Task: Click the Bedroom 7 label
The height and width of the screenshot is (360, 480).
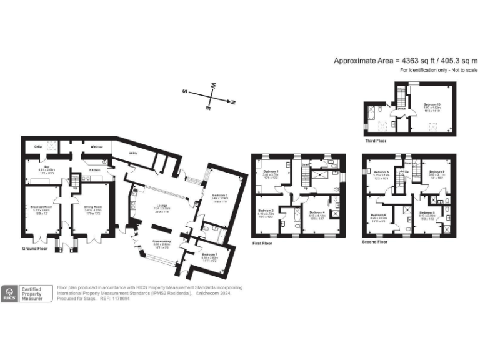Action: (x=210, y=254)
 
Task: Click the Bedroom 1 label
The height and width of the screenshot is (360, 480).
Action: (x=270, y=171)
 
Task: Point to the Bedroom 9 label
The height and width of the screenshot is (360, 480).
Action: (x=436, y=171)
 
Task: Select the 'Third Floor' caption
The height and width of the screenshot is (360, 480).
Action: (x=377, y=141)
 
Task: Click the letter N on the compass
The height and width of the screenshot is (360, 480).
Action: (x=232, y=101)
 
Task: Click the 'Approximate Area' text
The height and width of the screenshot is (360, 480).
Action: (x=362, y=60)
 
